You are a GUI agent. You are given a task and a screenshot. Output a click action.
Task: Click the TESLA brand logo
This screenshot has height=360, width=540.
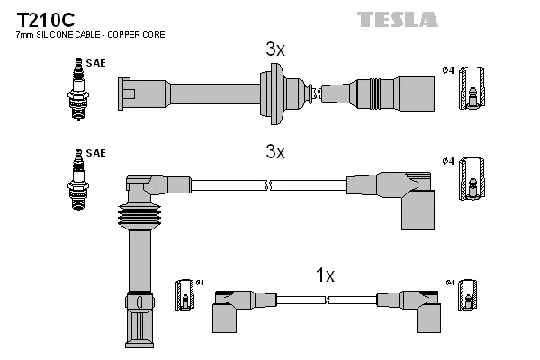pyautogui.click(x=397, y=19)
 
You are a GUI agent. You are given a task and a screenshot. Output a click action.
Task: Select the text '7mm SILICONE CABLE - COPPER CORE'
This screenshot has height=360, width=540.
pyautogui.click(x=90, y=35)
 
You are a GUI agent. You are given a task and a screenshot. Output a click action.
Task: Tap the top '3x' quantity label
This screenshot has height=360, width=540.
pyautogui.click(x=275, y=50)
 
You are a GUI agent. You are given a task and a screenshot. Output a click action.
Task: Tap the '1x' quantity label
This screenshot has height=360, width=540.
pyautogui.click(x=325, y=275)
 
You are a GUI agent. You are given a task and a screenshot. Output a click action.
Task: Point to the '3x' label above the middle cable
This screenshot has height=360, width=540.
pyautogui.click(x=275, y=152)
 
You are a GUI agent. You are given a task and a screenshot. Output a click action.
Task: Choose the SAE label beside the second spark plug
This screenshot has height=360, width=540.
pyautogui.click(x=95, y=154)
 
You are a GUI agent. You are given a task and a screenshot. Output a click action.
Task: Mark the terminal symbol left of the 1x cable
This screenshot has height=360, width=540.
pyautogui.click(x=184, y=295)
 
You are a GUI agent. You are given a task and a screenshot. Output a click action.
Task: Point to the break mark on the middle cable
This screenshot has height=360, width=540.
pyautogui.click(x=269, y=184)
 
